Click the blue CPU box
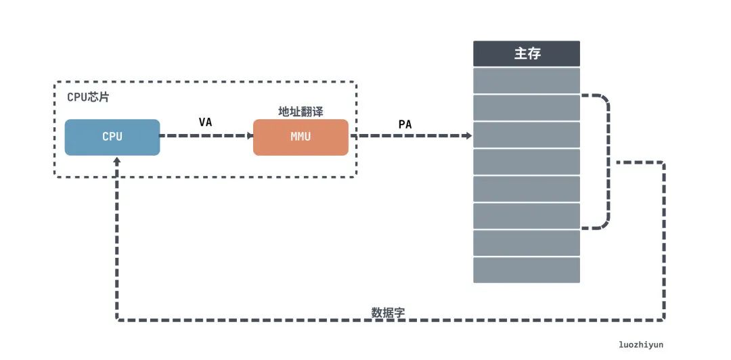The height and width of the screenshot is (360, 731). pos(112,137)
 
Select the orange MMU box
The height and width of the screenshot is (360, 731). pos(301,137)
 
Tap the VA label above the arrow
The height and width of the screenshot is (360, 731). pos(206,122)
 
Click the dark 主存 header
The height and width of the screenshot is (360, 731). pos(526,53)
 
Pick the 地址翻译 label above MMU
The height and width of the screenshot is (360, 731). pos(301,111)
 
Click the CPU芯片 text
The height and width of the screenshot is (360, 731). pos(88,97)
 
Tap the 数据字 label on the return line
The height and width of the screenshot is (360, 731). pos(389,312)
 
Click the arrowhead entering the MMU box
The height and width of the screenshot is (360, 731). pos(249,135)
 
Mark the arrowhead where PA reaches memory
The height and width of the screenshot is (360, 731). pos(468,135)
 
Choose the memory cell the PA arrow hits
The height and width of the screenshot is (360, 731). pos(526,135)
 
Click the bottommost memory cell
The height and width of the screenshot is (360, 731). pos(526,270)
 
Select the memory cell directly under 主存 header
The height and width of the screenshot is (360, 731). pos(526,81)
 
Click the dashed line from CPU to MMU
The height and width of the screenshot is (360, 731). pos(203,135)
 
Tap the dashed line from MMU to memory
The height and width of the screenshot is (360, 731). pos(406,135)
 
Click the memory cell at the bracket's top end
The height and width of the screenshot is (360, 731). pos(526,108)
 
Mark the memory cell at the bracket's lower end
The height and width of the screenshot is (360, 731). pos(526,216)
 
